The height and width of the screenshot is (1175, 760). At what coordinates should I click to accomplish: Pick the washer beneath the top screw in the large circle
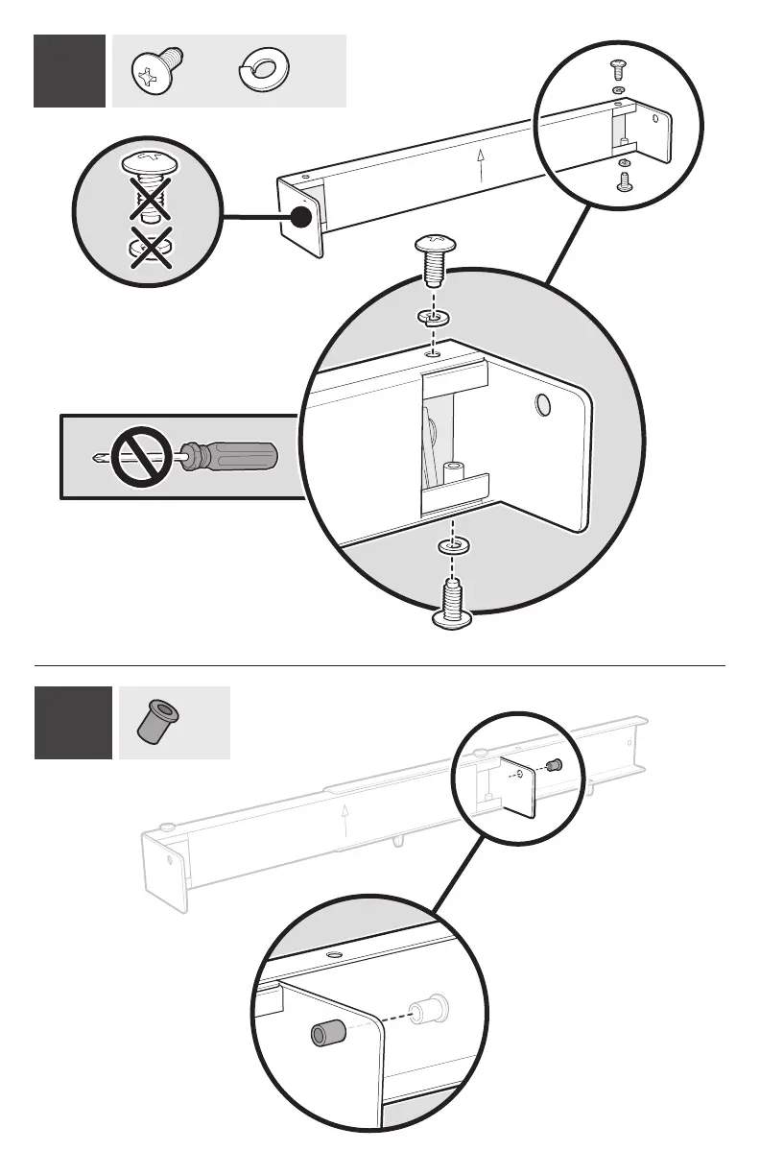tap(434, 316)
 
